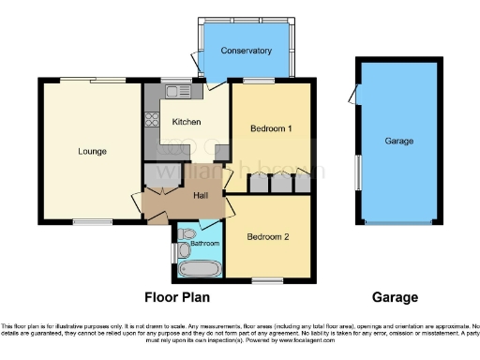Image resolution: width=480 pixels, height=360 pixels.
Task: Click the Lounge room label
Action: (92, 151)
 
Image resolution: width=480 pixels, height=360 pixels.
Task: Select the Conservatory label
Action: (246, 51)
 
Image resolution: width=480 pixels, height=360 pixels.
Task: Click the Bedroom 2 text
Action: (268, 237)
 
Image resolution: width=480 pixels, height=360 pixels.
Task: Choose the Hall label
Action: (200, 195)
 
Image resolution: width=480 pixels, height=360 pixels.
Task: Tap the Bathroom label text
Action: (204, 244)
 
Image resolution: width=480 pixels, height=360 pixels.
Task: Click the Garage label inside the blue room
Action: (398, 140)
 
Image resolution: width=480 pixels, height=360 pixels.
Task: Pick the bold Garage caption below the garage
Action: (395, 297)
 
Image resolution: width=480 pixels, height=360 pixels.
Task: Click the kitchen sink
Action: (174, 92)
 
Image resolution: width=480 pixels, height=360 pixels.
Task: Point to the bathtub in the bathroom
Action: (199, 269)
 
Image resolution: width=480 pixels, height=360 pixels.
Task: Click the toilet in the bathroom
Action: (187, 232)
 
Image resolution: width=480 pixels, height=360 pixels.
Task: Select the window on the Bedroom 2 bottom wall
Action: (268, 280)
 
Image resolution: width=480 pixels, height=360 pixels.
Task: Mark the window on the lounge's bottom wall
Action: (90, 222)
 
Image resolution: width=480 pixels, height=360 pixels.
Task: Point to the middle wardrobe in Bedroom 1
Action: (278, 183)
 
